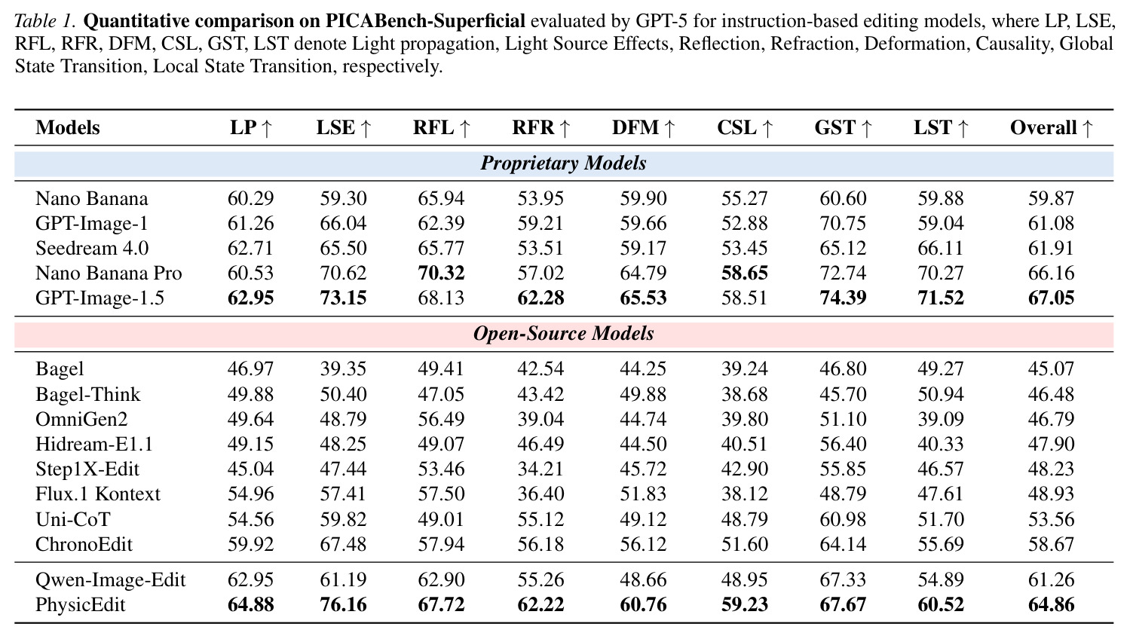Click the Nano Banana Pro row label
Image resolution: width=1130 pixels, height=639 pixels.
[109, 273]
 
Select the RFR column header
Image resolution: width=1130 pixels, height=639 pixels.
[541, 127]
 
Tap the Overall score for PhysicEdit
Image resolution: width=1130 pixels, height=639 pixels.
[1052, 604]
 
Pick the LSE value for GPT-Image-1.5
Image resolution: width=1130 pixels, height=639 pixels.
[343, 298]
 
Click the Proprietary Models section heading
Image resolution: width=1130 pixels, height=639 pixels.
[563, 163]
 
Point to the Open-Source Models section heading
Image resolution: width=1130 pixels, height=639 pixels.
[563, 333]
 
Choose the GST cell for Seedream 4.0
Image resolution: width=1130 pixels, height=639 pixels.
[843, 248]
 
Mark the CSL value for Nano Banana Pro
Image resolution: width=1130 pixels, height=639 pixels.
[745, 273]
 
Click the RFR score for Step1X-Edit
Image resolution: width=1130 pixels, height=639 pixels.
[541, 469]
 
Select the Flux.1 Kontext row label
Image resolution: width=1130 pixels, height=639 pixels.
[98, 494]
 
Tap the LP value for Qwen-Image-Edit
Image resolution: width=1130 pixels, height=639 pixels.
[251, 579]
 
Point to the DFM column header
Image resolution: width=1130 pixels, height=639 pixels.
[643, 127]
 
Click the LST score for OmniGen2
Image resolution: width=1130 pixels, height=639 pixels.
[941, 419]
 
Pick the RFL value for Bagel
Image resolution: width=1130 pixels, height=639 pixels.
[441, 368]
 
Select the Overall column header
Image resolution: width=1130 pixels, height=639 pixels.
[1052, 127]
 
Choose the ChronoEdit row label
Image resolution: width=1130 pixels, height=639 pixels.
[84, 544]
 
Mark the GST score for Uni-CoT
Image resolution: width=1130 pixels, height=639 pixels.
[843, 519]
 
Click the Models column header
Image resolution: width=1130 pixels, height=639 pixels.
[68, 127]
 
